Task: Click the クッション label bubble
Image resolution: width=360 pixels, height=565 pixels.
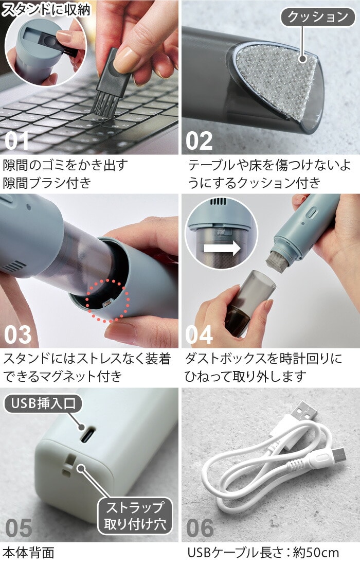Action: coord(318,17)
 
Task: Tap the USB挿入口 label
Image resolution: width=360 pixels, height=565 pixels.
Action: coord(43,403)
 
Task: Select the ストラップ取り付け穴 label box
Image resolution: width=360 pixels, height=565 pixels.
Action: coord(135,516)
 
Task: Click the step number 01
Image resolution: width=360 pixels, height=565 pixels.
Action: coord(16,141)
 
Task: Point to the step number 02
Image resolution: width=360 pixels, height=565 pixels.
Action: coord(199,141)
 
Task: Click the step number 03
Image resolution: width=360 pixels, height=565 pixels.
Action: coord(18,335)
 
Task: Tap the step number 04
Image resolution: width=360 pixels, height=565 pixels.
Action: coord(199,335)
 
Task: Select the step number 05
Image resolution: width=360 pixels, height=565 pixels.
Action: coord(19,528)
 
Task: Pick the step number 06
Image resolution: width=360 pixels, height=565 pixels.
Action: coord(200,528)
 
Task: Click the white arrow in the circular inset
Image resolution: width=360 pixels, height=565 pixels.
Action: coord(222,248)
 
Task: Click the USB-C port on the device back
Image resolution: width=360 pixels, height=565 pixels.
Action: coord(87,435)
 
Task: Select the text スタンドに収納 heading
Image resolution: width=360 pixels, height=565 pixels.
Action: coord(46,10)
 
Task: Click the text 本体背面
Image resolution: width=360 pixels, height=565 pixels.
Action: coord(28,553)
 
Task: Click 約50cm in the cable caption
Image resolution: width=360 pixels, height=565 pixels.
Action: coord(316,553)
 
